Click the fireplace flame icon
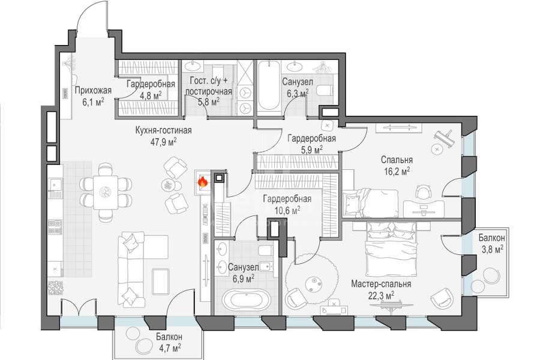click(x=203, y=182)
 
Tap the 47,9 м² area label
click(x=164, y=142)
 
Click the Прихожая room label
click(x=93, y=91)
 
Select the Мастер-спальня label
click(x=381, y=284)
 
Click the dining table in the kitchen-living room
click(x=106, y=192)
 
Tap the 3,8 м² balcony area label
click(x=491, y=249)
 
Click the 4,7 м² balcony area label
click(x=169, y=347)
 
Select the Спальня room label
click(x=397, y=160)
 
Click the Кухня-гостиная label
click(x=164, y=131)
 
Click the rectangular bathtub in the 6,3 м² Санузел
click(x=269, y=85)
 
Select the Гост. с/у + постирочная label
click(x=208, y=86)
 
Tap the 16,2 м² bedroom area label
click(x=397, y=171)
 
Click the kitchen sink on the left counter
click(x=55, y=184)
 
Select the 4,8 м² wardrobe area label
click(x=151, y=95)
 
